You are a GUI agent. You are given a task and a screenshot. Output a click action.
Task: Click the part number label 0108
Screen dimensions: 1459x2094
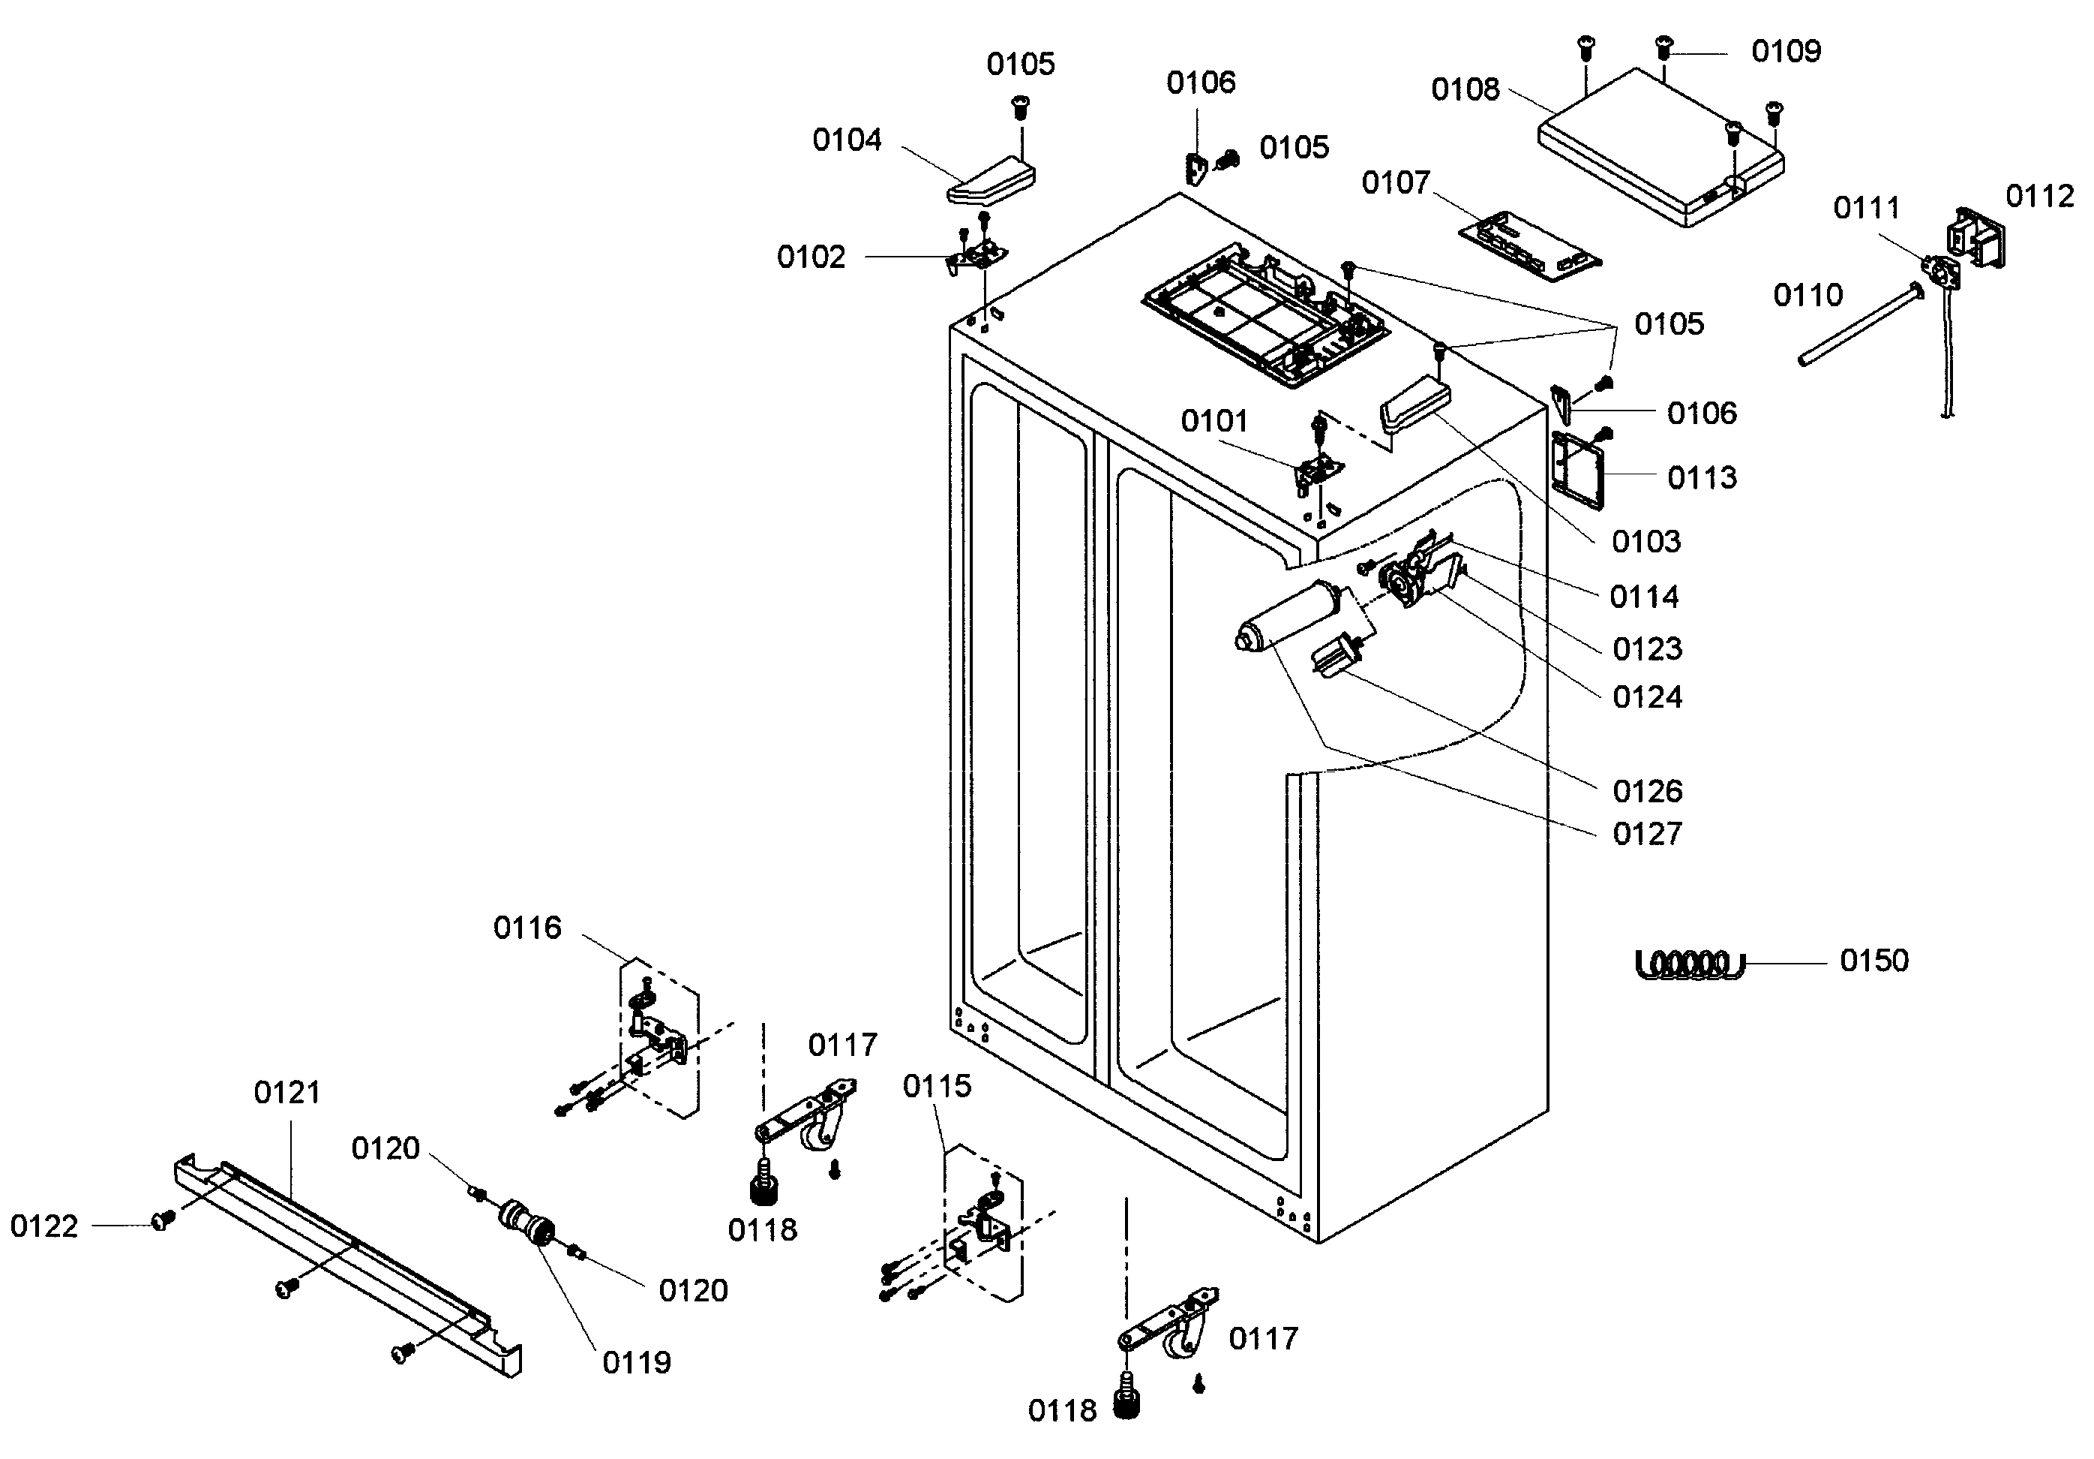click(x=1465, y=89)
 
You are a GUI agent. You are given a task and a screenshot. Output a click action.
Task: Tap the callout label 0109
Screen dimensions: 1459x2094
click(x=1786, y=51)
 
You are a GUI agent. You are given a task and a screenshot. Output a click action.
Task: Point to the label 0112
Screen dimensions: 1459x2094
click(x=2039, y=196)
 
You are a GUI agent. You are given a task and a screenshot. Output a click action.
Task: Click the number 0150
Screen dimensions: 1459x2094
click(x=1873, y=961)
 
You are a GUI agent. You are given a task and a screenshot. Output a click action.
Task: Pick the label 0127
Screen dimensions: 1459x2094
click(x=1646, y=834)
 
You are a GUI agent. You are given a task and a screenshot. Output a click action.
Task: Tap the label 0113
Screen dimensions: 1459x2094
click(x=1702, y=477)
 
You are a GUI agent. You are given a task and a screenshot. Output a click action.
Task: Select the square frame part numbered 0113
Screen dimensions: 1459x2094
click(x=1577, y=469)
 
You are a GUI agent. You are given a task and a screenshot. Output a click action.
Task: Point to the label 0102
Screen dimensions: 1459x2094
click(x=811, y=257)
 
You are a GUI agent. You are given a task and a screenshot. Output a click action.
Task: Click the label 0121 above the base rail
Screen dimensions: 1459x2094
click(x=286, y=1092)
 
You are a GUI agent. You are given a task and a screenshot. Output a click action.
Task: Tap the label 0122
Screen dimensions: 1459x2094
click(x=43, y=1226)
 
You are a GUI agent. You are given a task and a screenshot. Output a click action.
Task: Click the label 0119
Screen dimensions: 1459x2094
click(x=636, y=1363)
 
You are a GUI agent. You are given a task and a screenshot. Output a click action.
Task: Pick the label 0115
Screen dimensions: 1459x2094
click(x=937, y=1086)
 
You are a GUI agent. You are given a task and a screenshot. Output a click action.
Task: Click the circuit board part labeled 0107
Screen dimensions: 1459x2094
click(x=1528, y=246)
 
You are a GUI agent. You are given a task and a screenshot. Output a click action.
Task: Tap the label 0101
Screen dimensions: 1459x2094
click(x=1214, y=422)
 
